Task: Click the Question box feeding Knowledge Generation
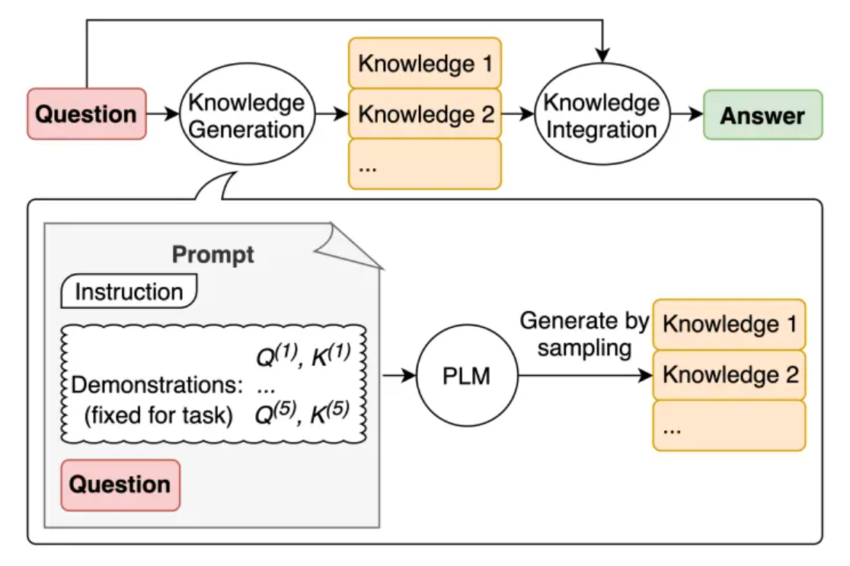click(x=86, y=114)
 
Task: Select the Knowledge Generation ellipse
click(x=246, y=116)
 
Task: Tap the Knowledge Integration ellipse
click(x=601, y=116)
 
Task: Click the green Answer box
click(x=762, y=116)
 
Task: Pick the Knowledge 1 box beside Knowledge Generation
click(x=425, y=63)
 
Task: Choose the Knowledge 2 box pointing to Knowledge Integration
click(x=425, y=115)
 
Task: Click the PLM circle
click(x=467, y=375)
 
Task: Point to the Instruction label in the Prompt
click(x=129, y=292)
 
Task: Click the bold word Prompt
click(x=213, y=255)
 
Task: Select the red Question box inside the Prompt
click(x=120, y=485)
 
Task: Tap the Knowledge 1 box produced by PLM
click(x=729, y=324)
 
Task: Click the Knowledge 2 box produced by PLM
click(x=729, y=375)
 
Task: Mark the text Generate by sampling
click(x=584, y=335)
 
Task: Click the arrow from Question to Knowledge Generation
click(x=161, y=115)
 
